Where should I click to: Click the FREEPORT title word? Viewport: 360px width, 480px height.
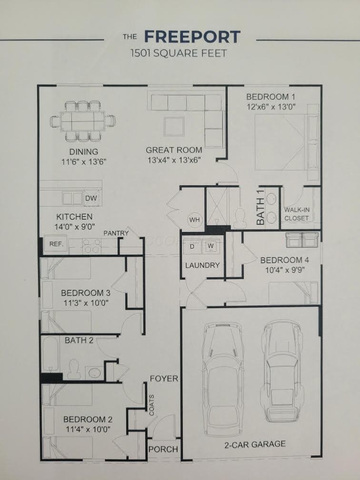(x=192, y=37)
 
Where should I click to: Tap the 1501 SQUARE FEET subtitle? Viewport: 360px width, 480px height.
(x=179, y=53)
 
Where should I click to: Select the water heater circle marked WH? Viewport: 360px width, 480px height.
(x=194, y=220)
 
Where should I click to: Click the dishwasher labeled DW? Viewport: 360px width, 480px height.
(x=91, y=198)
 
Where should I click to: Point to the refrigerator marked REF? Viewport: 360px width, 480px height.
(x=56, y=244)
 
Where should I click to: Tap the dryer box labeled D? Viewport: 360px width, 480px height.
(x=192, y=246)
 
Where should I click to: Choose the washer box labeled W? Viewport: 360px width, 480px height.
(x=210, y=246)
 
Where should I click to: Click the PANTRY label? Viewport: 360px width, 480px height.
(x=116, y=233)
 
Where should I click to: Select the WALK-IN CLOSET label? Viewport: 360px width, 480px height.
(x=296, y=214)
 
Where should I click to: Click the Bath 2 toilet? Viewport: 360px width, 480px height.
(x=73, y=369)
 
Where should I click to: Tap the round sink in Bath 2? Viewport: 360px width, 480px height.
(x=94, y=373)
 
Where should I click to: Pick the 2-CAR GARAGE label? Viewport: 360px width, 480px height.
(x=255, y=444)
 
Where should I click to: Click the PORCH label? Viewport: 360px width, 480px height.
(x=163, y=449)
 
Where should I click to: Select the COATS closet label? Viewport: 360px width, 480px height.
(x=151, y=405)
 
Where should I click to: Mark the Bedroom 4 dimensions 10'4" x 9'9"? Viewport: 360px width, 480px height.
(x=284, y=270)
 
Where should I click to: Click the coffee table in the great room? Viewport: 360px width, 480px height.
(x=174, y=127)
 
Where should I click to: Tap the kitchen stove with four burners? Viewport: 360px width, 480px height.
(x=91, y=246)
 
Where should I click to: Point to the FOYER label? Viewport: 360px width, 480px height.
(x=164, y=379)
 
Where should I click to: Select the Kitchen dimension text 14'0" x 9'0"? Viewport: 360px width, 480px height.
(x=75, y=227)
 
